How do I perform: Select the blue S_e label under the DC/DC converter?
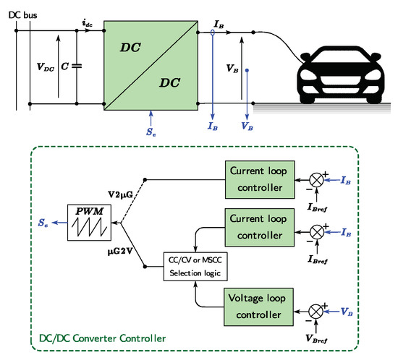[x=151, y=133]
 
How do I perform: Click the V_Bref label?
[x=319, y=336]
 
